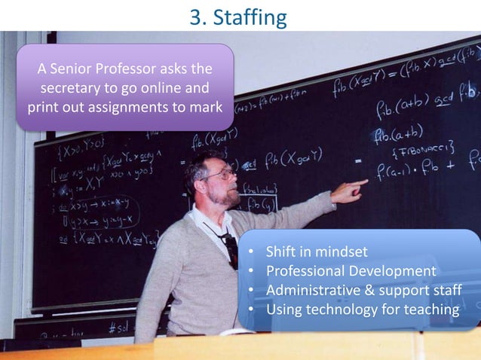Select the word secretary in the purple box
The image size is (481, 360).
(72, 88)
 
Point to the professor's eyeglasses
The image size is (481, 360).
(219, 174)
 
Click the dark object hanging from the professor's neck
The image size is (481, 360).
(230, 249)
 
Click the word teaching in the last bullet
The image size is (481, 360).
(430, 309)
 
